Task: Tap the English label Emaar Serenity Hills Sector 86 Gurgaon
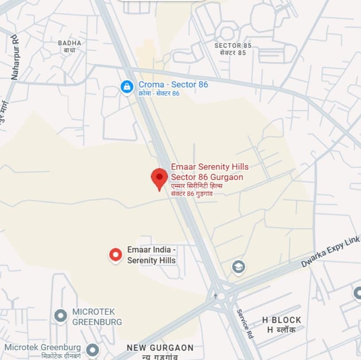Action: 210,172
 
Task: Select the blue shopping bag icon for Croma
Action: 127,86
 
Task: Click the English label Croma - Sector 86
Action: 173,84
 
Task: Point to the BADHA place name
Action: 70,43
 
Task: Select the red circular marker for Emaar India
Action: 116,255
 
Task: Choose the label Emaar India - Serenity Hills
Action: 151,255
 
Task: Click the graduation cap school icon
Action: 238,267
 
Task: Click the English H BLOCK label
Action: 281,320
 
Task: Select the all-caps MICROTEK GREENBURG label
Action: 97,317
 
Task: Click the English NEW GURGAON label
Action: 160,347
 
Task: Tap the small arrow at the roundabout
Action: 216,295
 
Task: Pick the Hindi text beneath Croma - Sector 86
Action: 159,94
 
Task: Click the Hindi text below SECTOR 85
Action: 233,53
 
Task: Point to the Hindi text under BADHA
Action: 69,50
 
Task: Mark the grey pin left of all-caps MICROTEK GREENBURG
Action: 61,316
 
